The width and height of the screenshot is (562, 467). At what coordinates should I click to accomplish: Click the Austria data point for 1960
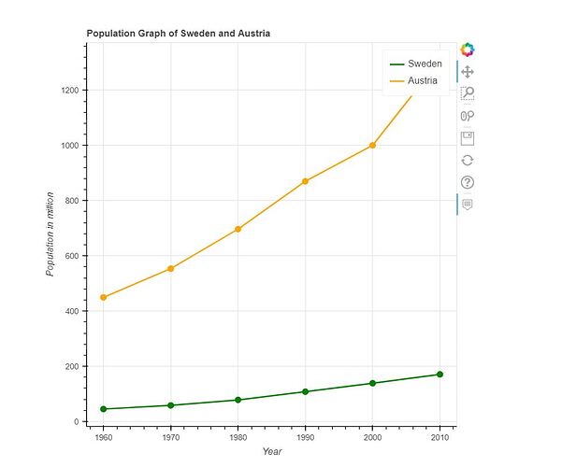click(x=103, y=297)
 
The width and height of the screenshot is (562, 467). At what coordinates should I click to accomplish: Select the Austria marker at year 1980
click(x=238, y=229)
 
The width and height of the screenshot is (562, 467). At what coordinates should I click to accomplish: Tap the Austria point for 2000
click(x=372, y=146)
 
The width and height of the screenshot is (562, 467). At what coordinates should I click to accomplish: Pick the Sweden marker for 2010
click(x=440, y=375)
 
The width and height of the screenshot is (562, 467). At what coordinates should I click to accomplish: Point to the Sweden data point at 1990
click(x=305, y=391)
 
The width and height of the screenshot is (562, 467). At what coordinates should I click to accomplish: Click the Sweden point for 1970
click(x=170, y=405)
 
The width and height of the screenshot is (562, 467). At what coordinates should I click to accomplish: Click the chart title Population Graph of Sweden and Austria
click(x=179, y=34)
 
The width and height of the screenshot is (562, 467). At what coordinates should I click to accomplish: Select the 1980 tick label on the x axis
click(x=238, y=437)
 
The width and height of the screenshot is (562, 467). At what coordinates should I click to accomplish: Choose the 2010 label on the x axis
click(x=440, y=437)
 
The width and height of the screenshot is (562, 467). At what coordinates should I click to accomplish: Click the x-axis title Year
click(x=272, y=452)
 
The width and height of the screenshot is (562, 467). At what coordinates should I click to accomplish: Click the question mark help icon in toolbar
click(x=468, y=182)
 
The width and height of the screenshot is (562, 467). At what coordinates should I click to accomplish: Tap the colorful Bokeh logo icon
click(x=468, y=50)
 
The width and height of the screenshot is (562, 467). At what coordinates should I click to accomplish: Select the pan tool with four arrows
click(x=468, y=72)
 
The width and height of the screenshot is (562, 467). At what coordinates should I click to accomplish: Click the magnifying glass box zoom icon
click(x=468, y=93)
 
